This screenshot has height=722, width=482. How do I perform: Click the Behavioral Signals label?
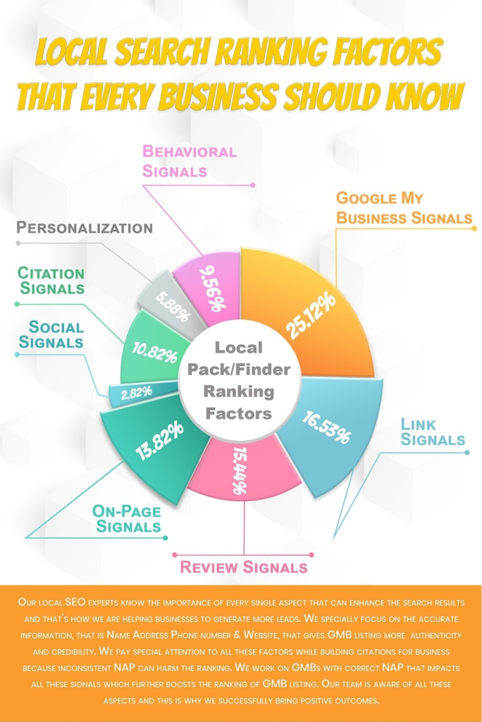click(189, 161)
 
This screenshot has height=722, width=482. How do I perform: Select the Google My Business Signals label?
click(404, 207)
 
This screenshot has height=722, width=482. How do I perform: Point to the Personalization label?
click(85, 228)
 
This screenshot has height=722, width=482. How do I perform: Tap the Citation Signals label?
click(51, 280)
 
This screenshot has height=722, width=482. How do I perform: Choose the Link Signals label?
click(433, 432)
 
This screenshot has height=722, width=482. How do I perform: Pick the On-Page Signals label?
click(128, 519)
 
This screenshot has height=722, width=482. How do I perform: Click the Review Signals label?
click(243, 567)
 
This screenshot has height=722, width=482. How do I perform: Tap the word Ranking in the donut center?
click(239, 391)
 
